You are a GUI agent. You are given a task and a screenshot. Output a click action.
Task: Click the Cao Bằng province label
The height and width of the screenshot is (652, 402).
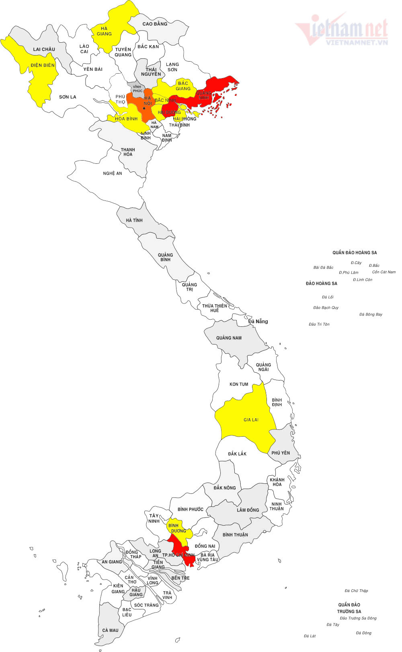pyautogui.click(x=155, y=24)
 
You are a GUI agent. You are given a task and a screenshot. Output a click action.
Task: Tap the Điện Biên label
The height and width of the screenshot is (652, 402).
pyautogui.click(x=43, y=65)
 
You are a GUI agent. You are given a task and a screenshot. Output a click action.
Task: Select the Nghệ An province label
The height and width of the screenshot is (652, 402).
pyautogui.click(x=113, y=173)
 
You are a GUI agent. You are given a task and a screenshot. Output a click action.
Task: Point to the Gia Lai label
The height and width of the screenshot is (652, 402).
pyautogui.click(x=251, y=420)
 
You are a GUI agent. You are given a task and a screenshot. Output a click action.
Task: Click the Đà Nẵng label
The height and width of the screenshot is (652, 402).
pyautogui.click(x=258, y=321)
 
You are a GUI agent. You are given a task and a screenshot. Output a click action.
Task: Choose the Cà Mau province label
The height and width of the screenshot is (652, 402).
pyautogui.click(x=110, y=630)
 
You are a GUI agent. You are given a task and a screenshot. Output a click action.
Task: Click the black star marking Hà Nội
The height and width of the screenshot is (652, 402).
pyautogui.click(x=144, y=108)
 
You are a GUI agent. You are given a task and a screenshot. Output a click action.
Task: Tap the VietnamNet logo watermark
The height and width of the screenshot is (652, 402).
pyautogui.click(x=342, y=30)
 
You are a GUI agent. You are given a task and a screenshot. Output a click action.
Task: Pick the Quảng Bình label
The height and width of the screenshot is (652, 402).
pyautogui.click(x=165, y=257)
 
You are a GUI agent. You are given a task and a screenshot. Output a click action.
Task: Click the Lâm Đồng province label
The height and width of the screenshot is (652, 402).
pyautogui.click(x=248, y=510)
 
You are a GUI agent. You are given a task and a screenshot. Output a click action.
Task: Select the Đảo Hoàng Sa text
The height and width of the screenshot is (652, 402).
pyautogui.click(x=321, y=283)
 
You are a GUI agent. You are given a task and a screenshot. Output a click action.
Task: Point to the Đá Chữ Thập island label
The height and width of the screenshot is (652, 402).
pyautogui.click(x=356, y=591)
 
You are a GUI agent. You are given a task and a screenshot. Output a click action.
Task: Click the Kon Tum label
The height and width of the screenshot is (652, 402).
pyautogui.click(x=239, y=384)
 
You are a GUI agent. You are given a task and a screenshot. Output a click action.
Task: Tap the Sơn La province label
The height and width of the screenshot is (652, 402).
pyautogui.click(x=68, y=97)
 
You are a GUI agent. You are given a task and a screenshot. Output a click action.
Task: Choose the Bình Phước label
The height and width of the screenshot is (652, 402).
pyautogui.click(x=191, y=510)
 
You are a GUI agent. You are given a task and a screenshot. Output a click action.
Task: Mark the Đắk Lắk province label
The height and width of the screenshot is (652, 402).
pyautogui.click(x=237, y=454)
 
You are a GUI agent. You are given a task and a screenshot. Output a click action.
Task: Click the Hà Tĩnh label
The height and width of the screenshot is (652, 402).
pyautogui.click(x=134, y=221)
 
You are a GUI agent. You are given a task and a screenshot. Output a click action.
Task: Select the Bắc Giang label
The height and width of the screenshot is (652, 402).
pyautogui.click(x=183, y=86)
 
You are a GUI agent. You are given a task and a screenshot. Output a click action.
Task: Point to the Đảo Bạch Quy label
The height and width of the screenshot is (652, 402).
pyautogui.click(x=326, y=307)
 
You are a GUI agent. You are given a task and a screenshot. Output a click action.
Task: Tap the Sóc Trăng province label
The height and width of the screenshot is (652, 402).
pyautogui.click(x=146, y=605)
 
